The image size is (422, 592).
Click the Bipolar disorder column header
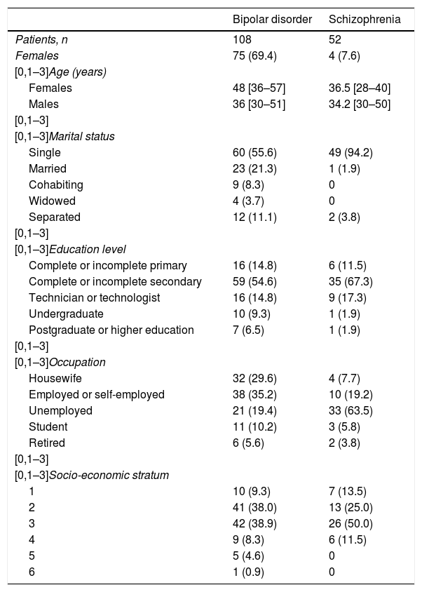272,20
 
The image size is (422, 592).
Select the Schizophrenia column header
365,20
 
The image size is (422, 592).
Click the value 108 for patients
241,40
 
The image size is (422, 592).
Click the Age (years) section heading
77,72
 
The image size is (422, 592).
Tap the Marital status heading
81,136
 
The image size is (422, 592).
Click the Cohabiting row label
55,184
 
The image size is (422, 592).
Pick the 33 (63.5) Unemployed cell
350,410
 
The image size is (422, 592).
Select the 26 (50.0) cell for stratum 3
350,523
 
